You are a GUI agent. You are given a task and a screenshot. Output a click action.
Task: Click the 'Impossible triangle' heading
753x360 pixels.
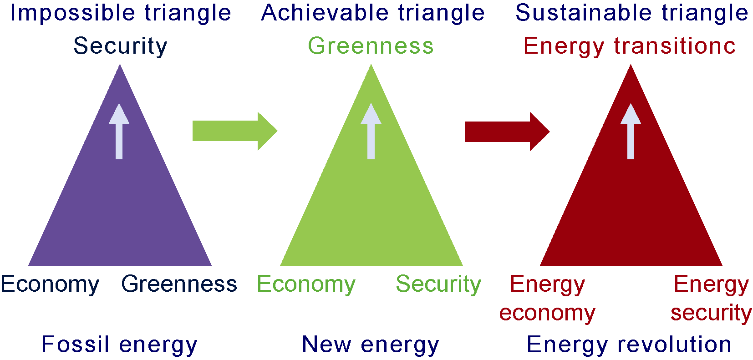point(121,13)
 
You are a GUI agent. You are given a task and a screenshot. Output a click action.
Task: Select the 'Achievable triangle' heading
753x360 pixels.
point(373,13)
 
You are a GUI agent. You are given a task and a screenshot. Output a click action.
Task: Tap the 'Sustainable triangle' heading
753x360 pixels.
point(631,13)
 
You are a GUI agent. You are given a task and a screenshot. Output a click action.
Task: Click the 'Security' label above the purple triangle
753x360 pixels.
point(120,46)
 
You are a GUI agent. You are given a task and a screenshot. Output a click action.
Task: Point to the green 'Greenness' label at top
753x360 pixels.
point(371,46)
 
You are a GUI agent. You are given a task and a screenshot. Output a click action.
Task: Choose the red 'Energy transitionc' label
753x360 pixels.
point(629,46)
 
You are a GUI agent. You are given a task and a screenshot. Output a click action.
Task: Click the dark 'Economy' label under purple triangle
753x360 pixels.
point(50,284)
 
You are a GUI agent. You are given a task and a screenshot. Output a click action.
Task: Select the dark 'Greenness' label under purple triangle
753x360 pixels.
point(179,284)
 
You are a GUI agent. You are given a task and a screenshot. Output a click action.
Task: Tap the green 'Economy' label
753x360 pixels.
point(306,284)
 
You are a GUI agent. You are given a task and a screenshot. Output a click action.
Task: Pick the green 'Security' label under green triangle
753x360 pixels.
point(438,284)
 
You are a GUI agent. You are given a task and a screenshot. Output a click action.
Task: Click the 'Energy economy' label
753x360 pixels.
point(547,299)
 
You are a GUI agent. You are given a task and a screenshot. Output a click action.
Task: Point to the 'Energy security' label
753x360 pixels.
point(711,299)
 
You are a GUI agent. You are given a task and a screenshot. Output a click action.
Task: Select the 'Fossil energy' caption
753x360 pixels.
point(119,345)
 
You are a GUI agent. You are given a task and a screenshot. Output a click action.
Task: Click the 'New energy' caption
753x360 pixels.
point(371,345)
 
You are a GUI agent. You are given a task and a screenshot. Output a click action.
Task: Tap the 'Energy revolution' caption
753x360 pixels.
point(629,345)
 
